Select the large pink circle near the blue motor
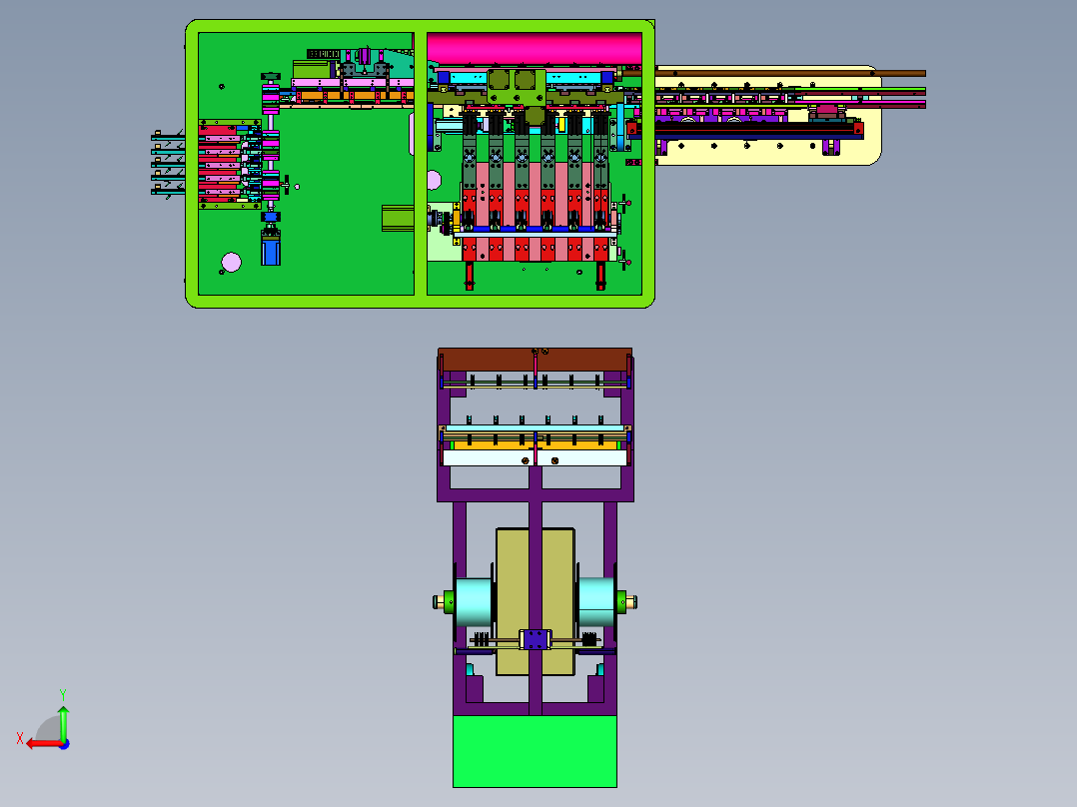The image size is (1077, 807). pos(232,262)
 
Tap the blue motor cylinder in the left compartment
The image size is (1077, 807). pos(271,249)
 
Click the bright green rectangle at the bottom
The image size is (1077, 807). pos(535,751)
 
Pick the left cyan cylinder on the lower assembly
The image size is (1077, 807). pos(474,601)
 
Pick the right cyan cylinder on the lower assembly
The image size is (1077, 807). pos(595,601)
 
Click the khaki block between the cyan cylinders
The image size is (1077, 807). pos(536,601)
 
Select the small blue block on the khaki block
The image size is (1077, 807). pos(536,639)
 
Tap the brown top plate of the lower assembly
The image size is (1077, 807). pos(536,360)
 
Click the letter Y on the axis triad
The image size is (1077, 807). pos(63,694)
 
